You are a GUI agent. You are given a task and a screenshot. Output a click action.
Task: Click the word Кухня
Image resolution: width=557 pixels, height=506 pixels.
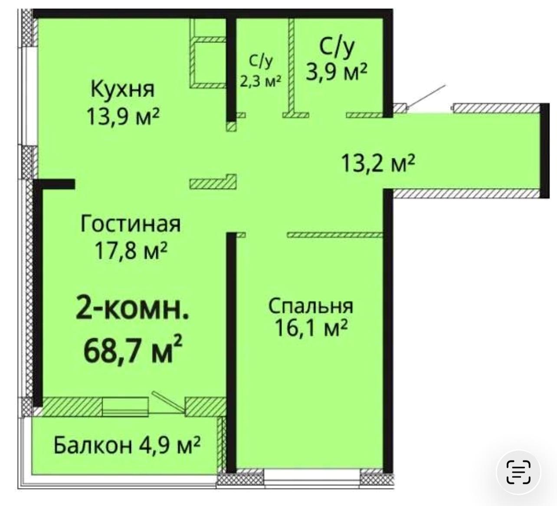pyautogui.click(x=123, y=89)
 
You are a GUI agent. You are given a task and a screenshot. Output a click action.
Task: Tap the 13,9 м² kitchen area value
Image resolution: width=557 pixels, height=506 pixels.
pyautogui.click(x=123, y=116)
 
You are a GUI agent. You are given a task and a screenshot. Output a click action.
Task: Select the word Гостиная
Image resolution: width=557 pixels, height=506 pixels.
pyautogui.click(x=131, y=224)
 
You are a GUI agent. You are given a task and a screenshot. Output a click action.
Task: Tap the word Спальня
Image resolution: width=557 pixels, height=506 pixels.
pyautogui.click(x=311, y=306)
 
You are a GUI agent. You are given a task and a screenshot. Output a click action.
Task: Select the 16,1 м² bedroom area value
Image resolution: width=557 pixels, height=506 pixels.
pyautogui.click(x=311, y=328)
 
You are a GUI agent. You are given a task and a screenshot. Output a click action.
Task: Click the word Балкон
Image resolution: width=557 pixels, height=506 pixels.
pyautogui.click(x=92, y=445)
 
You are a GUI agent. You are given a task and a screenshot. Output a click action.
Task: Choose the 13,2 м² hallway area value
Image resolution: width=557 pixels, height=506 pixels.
pyautogui.click(x=378, y=164)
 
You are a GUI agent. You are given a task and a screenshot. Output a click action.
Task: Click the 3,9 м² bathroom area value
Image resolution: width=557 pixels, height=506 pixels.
pyautogui.click(x=337, y=72)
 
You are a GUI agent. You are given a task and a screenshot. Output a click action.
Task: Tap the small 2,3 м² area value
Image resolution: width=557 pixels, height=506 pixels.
pyautogui.click(x=261, y=81)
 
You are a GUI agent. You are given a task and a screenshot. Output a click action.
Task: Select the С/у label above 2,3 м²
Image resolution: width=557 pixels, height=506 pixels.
pyautogui.click(x=261, y=62)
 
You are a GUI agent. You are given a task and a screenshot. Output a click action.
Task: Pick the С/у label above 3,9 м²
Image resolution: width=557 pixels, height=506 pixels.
pyautogui.click(x=337, y=47)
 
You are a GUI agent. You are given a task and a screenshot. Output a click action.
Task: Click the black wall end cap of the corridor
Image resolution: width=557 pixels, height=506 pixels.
pyautogui.click(x=544, y=150)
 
